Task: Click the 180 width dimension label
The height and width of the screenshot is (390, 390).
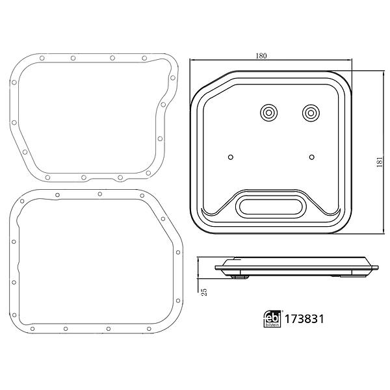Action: tap(261, 56)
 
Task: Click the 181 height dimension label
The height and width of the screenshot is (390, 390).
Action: tap(380, 162)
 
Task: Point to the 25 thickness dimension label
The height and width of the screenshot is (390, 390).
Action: tap(204, 292)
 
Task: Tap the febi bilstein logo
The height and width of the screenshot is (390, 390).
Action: tap(272, 319)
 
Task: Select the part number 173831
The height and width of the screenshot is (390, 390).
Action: tap(304, 319)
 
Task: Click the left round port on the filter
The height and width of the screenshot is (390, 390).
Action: tap(268, 113)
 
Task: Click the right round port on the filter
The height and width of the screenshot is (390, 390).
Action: tap(311, 113)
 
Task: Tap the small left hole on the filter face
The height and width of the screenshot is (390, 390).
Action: tap(231, 157)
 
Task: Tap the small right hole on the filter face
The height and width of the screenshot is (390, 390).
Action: tap(311, 157)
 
